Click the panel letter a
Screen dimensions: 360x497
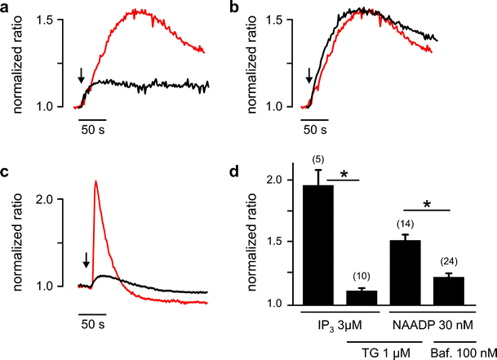point(7,7)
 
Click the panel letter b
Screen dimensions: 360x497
point(259,7)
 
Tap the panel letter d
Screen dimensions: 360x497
point(259,172)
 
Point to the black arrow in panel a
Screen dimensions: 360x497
point(81,78)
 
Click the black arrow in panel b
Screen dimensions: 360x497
point(308,78)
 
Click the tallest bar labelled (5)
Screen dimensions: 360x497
point(324,245)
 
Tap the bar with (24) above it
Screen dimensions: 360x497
point(459,291)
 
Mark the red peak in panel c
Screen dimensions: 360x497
point(96,182)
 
